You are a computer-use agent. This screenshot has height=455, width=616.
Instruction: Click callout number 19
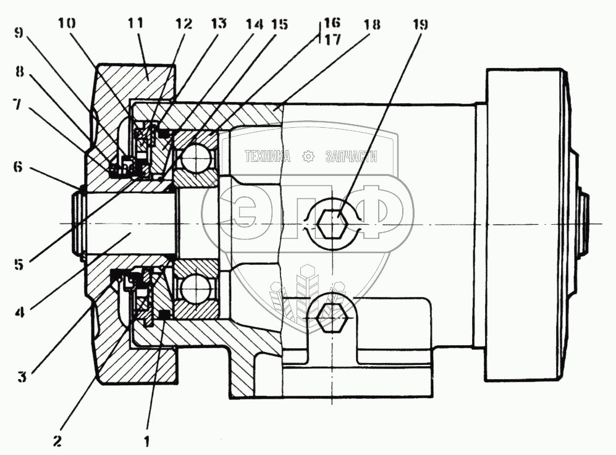420,24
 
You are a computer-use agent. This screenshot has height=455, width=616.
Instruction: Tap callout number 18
372,24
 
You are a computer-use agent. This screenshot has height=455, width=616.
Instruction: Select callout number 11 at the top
135,23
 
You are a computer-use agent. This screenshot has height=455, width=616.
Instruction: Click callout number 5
19,264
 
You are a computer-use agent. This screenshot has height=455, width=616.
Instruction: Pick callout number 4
20,312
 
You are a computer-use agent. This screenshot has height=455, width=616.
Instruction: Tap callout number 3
22,377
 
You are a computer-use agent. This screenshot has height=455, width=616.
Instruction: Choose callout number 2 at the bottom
57,441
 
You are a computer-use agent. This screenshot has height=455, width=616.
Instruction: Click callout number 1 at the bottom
147,441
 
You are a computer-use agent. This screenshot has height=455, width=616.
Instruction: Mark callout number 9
19,33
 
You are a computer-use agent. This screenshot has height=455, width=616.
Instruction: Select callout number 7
17,105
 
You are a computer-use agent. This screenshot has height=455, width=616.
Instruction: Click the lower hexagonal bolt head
332,313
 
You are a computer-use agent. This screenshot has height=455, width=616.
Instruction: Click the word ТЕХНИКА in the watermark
268,157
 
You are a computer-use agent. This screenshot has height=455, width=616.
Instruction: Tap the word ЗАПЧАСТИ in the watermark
351,157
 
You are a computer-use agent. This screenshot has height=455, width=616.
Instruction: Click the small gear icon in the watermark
308,157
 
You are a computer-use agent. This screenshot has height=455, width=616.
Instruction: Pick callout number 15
280,24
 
